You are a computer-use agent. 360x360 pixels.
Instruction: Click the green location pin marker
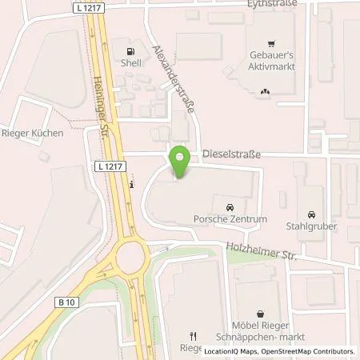click(181, 162)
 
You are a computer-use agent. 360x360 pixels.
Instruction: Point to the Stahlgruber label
click(312, 226)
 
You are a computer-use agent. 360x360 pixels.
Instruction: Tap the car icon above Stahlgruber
click(311, 214)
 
